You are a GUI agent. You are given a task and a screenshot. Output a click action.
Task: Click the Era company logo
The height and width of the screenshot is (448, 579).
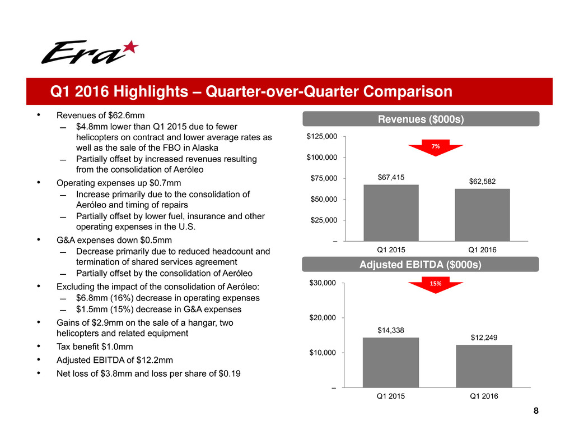tap(90, 52)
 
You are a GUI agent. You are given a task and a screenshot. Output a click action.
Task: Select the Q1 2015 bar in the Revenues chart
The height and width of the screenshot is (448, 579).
tap(391, 213)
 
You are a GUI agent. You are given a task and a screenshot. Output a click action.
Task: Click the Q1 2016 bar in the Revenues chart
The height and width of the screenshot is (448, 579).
tap(482, 215)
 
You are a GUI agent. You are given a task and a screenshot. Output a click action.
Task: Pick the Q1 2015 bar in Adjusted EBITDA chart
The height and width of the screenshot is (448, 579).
tap(391, 363)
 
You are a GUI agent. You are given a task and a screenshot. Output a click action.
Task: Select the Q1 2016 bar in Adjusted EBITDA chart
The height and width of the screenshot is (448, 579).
tap(484, 366)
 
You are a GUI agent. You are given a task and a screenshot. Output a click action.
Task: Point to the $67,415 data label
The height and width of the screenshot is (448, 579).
tap(391, 177)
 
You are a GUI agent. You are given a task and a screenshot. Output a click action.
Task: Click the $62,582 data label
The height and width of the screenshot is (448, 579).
tap(482, 182)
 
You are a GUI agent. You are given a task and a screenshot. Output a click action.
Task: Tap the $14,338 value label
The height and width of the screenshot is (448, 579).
tap(391, 330)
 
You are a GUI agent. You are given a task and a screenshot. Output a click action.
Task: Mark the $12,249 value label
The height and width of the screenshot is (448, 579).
tap(484, 338)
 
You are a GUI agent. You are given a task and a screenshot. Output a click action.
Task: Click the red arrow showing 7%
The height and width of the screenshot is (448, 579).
tap(436, 147)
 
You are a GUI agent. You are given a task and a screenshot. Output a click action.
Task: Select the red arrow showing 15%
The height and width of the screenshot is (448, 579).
tap(436, 285)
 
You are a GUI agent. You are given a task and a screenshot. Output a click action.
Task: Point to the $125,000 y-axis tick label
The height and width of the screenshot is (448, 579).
tap(322, 136)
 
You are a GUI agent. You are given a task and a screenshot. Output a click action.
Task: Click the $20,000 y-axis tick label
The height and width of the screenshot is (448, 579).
tap(323, 317)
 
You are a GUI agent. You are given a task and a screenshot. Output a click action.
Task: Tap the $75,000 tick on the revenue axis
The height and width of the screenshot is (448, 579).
tap(324, 178)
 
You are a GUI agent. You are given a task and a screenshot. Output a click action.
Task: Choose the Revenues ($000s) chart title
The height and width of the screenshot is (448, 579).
tap(421, 119)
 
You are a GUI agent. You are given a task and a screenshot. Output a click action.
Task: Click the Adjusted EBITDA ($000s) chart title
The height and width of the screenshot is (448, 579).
tap(421, 265)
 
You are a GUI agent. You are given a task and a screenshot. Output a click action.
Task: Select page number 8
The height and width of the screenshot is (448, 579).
tap(536, 410)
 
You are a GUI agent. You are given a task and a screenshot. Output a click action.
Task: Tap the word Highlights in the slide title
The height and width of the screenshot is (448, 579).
tap(151, 91)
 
